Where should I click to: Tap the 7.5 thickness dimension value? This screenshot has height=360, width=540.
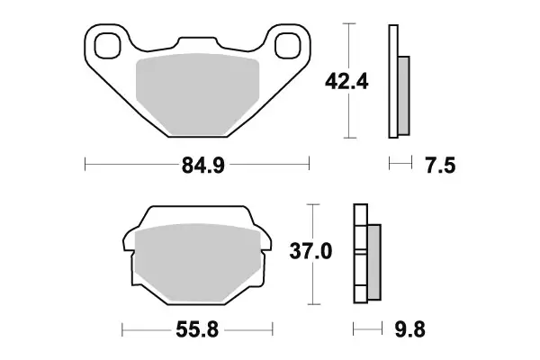tap(435, 165)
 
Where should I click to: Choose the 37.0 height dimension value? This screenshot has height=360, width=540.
tap(311, 253)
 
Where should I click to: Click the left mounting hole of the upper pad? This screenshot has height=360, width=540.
tap(107, 43)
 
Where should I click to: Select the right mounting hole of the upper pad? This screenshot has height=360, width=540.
tap(289, 43)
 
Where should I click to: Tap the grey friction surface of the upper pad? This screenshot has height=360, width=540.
tap(198, 94)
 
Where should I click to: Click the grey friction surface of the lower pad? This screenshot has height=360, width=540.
tap(198, 261)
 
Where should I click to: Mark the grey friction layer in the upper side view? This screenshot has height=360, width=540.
tap(403, 90)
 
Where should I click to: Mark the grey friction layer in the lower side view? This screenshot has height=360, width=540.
tap(374, 260)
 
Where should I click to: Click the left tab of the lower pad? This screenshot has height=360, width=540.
tap(129, 241)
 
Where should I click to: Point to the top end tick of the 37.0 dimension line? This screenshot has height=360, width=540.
tap(311, 204)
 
